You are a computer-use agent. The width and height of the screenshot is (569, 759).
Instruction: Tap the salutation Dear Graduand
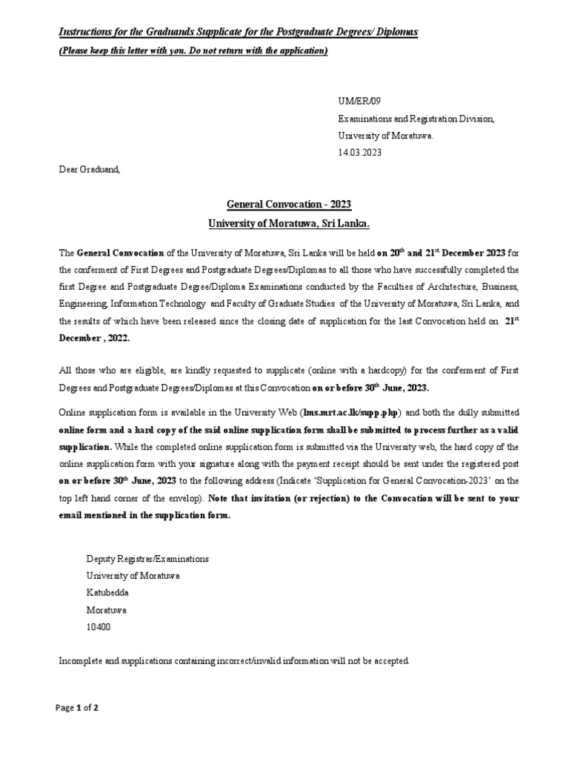click(89, 169)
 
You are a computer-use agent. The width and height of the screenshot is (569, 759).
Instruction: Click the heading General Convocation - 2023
click(288, 204)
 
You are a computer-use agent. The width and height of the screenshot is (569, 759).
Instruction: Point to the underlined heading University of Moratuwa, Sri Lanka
click(288, 223)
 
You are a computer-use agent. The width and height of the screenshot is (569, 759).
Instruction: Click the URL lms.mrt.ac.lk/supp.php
click(351, 412)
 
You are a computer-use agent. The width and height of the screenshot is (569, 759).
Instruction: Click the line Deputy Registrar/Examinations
click(147, 559)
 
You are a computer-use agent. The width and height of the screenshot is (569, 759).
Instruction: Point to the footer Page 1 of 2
click(78, 708)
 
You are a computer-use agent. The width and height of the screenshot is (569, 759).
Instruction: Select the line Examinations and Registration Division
click(416, 119)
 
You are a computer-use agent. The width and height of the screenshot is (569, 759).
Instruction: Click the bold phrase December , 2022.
click(94, 337)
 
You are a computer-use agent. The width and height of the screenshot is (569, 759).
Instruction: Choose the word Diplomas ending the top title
click(396, 32)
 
